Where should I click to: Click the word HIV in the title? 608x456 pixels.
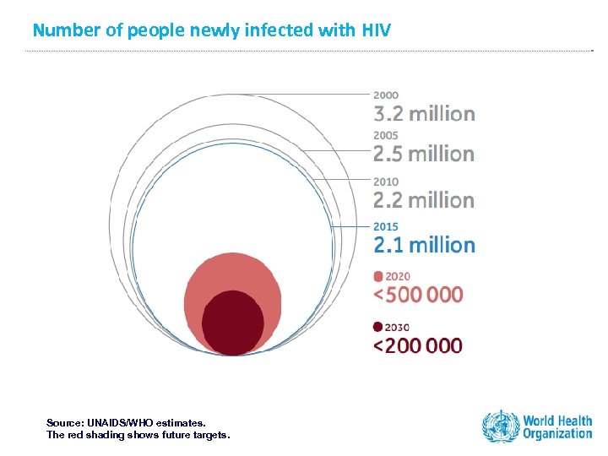click(377, 30)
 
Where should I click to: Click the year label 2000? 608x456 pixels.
click(387, 95)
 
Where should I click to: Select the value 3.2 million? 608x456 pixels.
click(424, 113)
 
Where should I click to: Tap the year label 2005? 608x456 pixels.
click(387, 136)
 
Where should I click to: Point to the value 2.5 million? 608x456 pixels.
click(424, 154)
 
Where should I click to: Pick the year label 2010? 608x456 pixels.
click(387, 182)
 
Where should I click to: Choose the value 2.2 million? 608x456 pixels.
click(424, 200)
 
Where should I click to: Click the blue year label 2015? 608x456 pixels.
click(387, 226)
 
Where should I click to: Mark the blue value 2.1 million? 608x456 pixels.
click(424, 245)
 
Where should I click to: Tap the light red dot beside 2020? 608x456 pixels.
click(378, 275)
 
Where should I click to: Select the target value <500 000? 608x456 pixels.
click(419, 294)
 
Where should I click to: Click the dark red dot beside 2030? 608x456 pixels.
click(378, 327)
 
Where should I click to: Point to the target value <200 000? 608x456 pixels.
click(419, 345)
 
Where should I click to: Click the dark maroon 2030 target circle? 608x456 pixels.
click(232, 323)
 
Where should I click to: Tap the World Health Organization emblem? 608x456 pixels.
click(500, 426)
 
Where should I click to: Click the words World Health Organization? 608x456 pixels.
click(557, 427)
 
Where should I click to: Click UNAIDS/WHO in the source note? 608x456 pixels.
click(127, 421)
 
